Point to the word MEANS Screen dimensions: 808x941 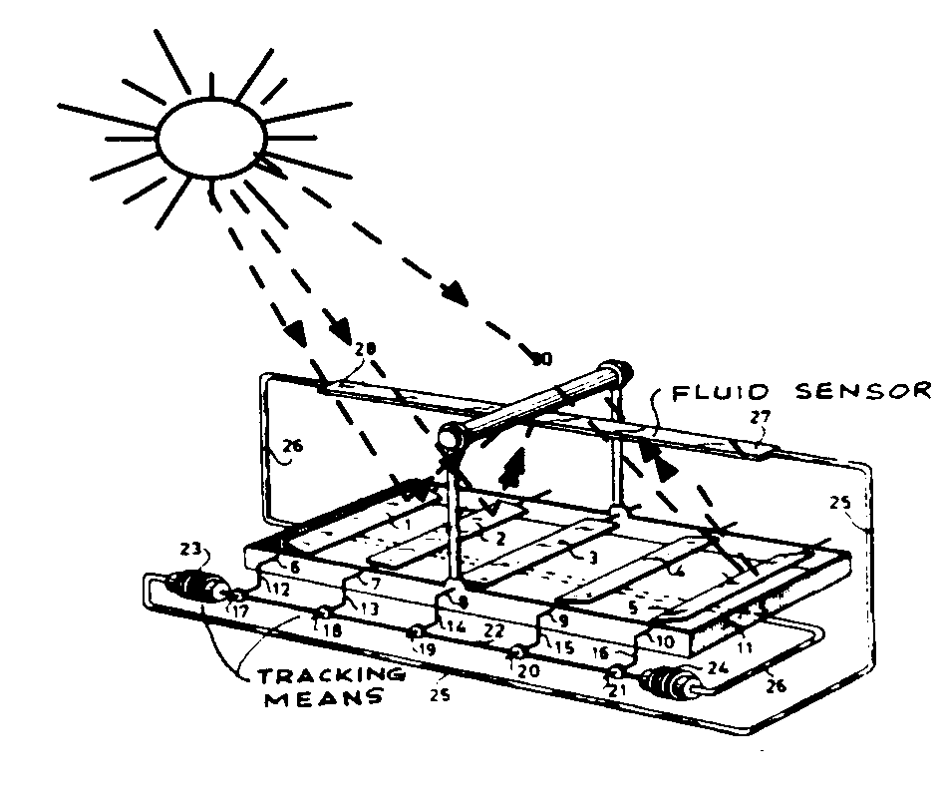323,698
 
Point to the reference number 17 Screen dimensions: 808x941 240,611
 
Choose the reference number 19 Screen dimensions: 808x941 426,648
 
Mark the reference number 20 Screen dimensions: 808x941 528,670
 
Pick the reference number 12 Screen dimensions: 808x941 280,591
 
